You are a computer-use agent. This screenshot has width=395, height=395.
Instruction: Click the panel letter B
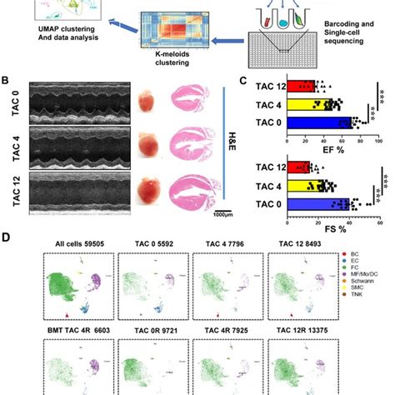tap(6, 81)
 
